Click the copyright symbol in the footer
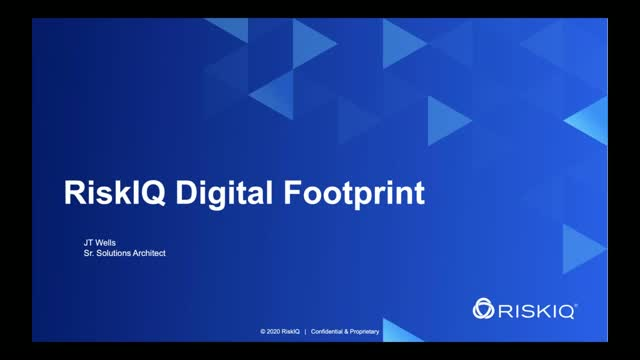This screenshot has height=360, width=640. pyautogui.click(x=262, y=330)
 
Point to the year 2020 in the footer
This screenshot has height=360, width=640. pyautogui.click(x=272, y=330)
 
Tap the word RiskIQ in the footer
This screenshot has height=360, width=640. pyautogui.click(x=291, y=330)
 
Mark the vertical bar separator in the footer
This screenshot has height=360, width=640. pyautogui.click(x=305, y=330)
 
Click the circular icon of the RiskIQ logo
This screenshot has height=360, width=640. pyautogui.click(x=486, y=307)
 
